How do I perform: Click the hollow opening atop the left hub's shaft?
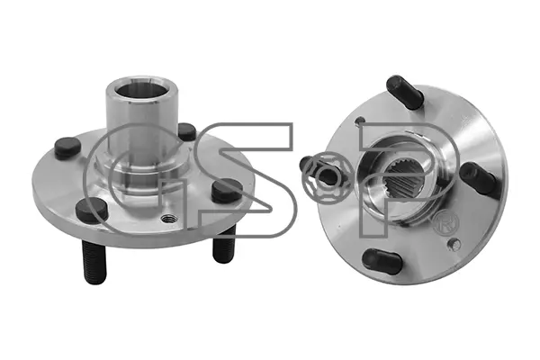(141, 89)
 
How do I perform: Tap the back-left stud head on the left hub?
(67, 148)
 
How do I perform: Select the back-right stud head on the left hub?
(187, 131)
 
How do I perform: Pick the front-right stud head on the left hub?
(227, 191)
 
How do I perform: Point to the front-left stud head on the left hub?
(91, 211)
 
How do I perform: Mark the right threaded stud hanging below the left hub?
(223, 244)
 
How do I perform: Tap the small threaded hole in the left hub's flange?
(169, 219)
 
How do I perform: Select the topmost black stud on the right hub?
(405, 92)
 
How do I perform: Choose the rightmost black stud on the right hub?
(480, 178)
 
